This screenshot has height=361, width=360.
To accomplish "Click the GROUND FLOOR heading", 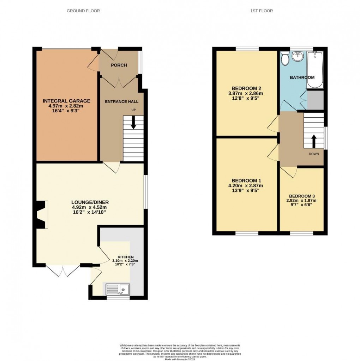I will tap(83, 11).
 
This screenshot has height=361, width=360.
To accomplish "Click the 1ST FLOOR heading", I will tap(261, 11).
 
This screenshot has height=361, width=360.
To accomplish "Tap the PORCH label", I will tap(119, 65).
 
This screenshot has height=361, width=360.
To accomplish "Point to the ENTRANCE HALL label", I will tap(121, 102).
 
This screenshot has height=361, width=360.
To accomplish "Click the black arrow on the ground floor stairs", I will tap(133, 122).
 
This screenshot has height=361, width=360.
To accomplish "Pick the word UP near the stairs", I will tap(133, 110).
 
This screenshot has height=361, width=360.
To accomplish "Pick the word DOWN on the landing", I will tap(314, 154).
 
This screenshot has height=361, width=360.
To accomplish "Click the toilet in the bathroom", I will tap(285, 58).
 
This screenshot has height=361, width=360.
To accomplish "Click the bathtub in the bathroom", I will tap(314, 70).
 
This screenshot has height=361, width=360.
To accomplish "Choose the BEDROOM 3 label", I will tap(302, 196).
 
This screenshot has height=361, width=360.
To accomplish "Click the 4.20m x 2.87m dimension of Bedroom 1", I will tap(246, 185).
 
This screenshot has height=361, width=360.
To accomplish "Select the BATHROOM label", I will tap(302, 78).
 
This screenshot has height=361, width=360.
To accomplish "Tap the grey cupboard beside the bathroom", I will tap(315, 99).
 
